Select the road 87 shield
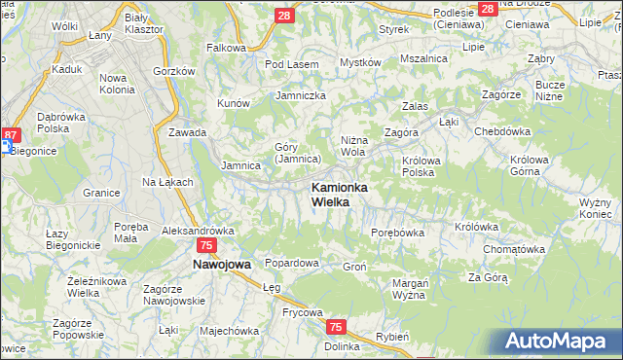(11, 135)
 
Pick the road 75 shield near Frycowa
(335, 328)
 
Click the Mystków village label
(359, 62)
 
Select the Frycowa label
(275, 312)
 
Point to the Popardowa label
(292, 263)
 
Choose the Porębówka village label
(398, 233)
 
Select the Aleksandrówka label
(199, 232)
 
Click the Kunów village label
(235, 102)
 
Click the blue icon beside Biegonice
(5, 147)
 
